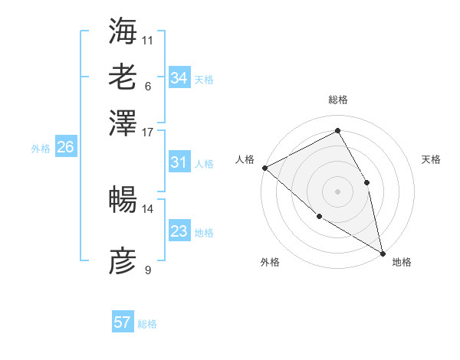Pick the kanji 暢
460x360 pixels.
[x=123, y=199]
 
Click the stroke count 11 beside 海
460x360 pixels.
[x=148, y=40]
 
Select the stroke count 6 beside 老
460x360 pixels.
[x=148, y=86]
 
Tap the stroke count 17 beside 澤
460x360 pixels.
[x=148, y=131]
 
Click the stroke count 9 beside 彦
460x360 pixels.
[x=148, y=270]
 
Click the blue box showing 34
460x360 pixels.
[x=179, y=78]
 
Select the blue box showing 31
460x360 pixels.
[x=179, y=162]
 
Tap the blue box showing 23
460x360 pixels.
[x=179, y=231]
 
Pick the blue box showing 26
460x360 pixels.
[x=65, y=148]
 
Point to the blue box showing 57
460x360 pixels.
[x=123, y=322]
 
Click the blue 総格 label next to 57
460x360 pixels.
[x=147, y=324]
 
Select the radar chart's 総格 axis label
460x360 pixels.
[x=338, y=100]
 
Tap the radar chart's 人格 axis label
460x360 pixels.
[x=245, y=159]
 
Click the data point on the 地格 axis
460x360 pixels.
[x=383, y=253]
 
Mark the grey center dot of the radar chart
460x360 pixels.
[x=338, y=191]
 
